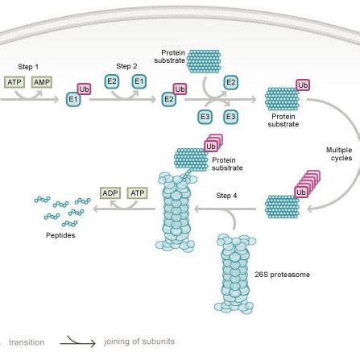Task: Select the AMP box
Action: pos(42,81)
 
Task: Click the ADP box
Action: pos(110,193)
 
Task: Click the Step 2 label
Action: pos(127,66)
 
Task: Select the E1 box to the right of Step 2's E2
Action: pos(139,81)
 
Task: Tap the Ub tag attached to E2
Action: pos(180,89)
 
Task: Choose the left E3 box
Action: pos(205,117)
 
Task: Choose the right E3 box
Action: pos(231,117)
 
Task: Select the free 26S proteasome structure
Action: pos(233,274)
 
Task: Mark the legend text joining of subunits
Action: pos(139,341)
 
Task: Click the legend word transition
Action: pos(26,341)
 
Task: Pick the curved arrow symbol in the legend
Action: pos(81,341)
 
